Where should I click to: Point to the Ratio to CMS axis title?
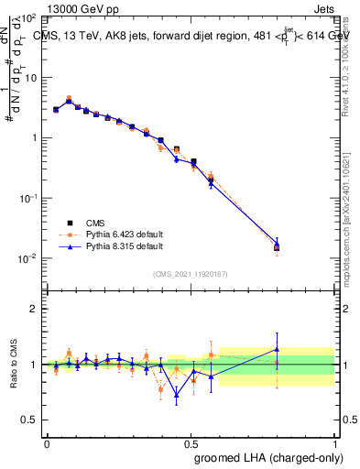pyautogui.click(x=14, y=365)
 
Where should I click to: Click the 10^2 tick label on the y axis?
pyautogui.click(x=28, y=18)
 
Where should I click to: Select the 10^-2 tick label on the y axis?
pyautogui.click(x=28, y=258)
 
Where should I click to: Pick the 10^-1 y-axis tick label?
pyautogui.click(x=28, y=198)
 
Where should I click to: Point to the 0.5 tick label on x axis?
pyautogui.click(x=191, y=442)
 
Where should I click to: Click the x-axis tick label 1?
pyautogui.click(x=335, y=442)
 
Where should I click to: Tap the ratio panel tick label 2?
pyautogui.click(x=33, y=309)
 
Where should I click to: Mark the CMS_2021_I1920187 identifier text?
pyautogui.click(x=191, y=274)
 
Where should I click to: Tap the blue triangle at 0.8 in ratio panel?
pyautogui.click(x=277, y=349)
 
